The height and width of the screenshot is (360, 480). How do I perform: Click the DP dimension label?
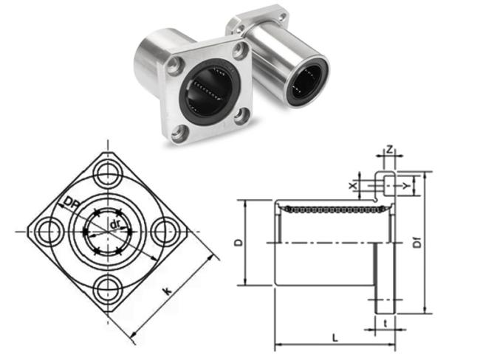(71, 204)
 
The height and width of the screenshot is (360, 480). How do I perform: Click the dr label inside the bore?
(114, 225)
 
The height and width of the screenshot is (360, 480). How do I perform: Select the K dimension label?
(167, 291)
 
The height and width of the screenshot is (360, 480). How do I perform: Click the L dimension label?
(335, 338)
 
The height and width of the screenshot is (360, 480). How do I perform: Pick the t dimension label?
(385, 323)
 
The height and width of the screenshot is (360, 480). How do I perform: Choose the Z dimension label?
(389, 150)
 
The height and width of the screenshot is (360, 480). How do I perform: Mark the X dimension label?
(353, 185)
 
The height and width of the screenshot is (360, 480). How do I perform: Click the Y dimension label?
(406, 186)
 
